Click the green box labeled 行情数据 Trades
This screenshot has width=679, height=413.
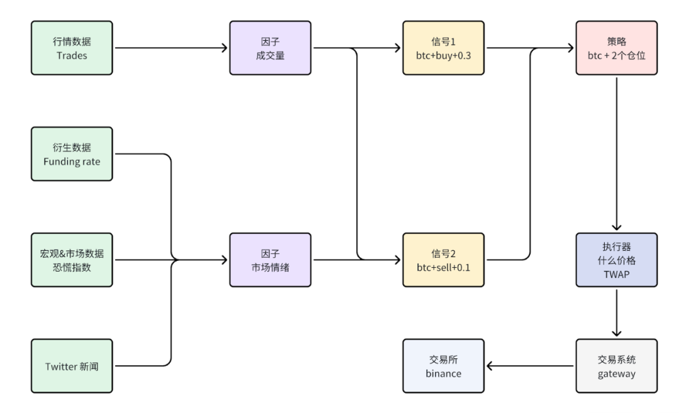click(72, 48)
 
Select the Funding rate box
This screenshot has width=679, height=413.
click(72, 154)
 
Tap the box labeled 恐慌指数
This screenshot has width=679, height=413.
click(72, 260)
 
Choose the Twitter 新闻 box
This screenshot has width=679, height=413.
click(72, 366)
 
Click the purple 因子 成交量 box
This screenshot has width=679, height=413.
click(270, 48)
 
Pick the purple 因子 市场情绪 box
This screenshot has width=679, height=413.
click(270, 260)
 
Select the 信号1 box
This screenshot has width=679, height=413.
click(443, 48)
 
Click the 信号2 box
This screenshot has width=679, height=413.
click(443, 260)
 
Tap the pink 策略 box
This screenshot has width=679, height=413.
click(616, 48)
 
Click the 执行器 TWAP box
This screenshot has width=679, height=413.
click(616, 260)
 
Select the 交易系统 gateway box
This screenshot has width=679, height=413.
click(616, 366)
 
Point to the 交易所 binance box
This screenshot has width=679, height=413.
click(443, 366)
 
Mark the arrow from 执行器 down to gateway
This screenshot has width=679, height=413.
click(616, 312)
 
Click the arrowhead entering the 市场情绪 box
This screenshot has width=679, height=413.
click(224, 260)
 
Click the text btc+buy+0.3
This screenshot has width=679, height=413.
click(443, 55)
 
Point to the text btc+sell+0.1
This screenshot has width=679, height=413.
click(443, 267)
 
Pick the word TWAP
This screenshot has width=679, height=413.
click(616, 275)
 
